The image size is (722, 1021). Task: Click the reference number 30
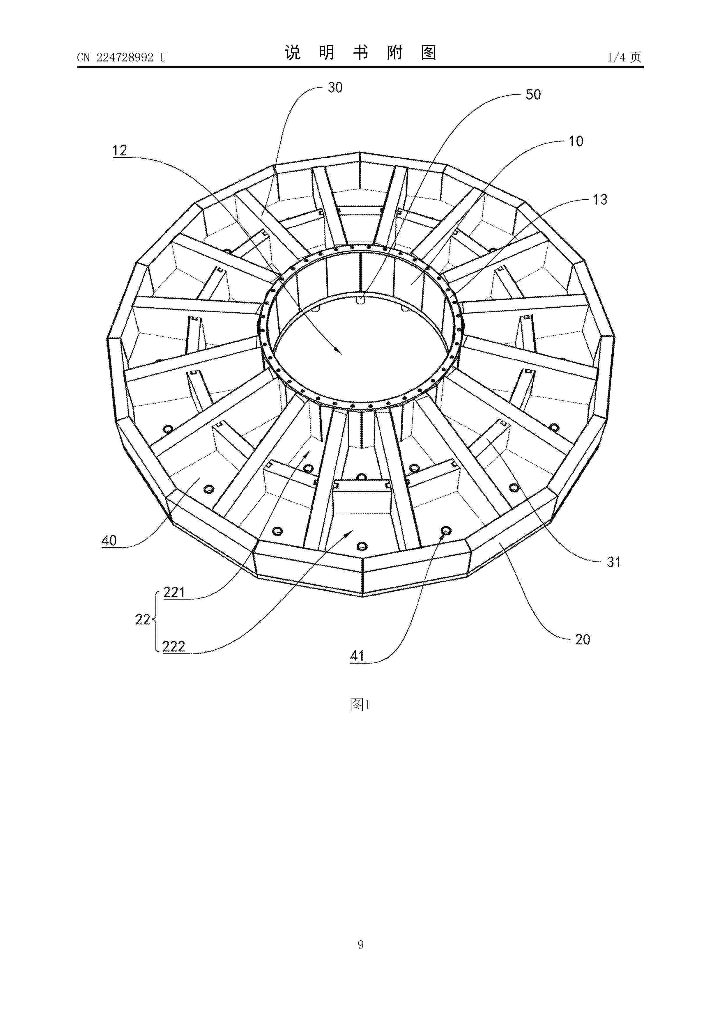(x=335, y=88)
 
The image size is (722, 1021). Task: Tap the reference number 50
(x=533, y=94)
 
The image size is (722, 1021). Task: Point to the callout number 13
(x=600, y=200)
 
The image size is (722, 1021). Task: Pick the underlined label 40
(x=109, y=541)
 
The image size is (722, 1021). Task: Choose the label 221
(x=174, y=592)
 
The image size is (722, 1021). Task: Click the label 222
(x=174, y=646)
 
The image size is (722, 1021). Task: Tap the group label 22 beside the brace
(x=142, y=619)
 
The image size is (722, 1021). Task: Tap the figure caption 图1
(x=360, y=704)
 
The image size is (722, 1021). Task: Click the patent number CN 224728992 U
(x=121, y=57)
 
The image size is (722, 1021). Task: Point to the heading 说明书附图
(x=360, y=52)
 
